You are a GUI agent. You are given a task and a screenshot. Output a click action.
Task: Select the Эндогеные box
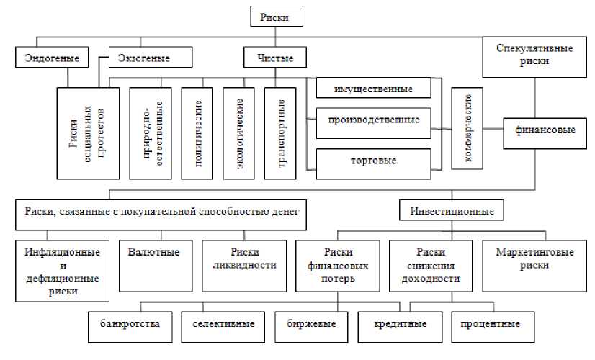(46, 56)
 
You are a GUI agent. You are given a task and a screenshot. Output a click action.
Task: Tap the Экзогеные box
(151, 56)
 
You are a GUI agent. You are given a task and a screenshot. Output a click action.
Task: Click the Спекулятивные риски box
(534, 55)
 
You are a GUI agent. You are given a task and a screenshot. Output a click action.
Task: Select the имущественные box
(373, 89)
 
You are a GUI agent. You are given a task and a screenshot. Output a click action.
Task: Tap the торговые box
(373, 160)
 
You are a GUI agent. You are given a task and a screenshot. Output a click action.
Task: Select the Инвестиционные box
(452, 212)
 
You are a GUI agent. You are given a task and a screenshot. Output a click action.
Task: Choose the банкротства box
(130, 324)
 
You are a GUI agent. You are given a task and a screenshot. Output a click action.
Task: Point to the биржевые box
(316, 324)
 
